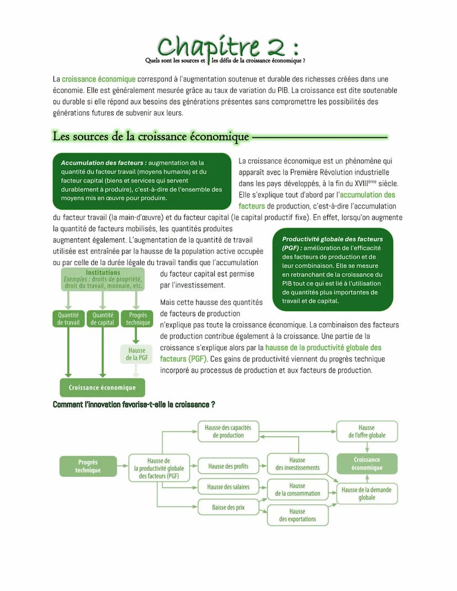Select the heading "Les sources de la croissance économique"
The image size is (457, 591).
151,136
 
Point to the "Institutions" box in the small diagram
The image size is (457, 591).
103,279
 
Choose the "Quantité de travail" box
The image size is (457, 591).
68,319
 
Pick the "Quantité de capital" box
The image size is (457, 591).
103,319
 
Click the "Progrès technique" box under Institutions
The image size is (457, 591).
137,319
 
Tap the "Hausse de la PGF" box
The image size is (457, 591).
137,354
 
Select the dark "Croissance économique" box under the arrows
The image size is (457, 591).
102,387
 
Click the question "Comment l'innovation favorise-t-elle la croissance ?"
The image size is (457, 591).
134,404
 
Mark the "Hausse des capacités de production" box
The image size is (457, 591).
228,431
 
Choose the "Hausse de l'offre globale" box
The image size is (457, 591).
366,431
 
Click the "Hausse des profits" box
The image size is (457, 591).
228,466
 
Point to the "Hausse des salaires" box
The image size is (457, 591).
228,487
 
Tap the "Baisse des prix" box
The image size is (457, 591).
228,507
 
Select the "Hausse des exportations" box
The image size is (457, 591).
297,515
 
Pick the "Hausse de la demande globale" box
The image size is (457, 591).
366,493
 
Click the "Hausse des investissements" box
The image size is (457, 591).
297,464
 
